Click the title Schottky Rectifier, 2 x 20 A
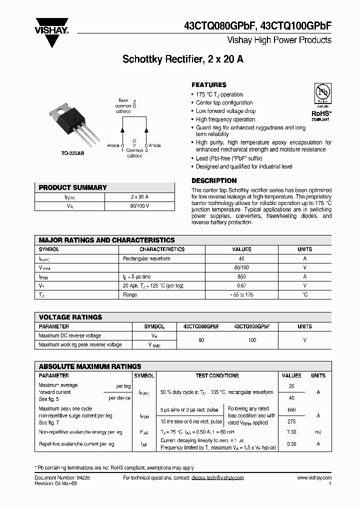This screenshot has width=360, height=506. point(183,59)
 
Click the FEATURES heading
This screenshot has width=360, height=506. point(209,85)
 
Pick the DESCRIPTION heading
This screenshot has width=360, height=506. point(214,180)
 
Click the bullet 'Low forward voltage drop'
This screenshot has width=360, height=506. point(225,111)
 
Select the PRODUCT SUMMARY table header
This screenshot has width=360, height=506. point(73,187)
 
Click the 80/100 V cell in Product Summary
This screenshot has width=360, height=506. point(139,205)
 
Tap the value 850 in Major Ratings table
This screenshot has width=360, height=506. point(242,276)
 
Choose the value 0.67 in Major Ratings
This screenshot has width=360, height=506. point(242,285)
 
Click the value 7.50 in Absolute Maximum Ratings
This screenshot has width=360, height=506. point(291,432)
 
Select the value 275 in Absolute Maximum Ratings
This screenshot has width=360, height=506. point(291,422)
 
